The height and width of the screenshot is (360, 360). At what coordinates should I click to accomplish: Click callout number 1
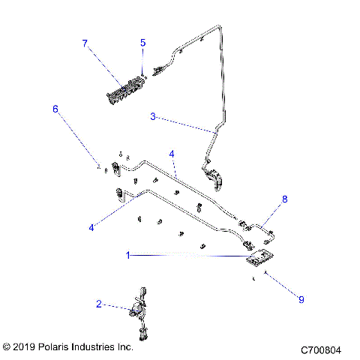coord(128,255)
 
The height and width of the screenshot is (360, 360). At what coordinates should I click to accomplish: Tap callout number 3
coord(153,116)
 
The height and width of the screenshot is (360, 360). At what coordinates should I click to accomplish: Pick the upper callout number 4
coord(172,154)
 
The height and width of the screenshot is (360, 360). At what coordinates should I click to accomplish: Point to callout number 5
coord(142,43)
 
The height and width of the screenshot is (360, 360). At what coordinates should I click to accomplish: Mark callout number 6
coord(55,109)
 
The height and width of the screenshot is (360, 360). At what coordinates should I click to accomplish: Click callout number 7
coord(85,43)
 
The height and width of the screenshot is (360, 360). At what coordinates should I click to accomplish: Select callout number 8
coord(284,199)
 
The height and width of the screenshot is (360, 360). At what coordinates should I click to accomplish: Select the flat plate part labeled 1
coord(259,259)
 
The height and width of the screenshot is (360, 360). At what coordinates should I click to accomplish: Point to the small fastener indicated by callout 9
coord(256,278)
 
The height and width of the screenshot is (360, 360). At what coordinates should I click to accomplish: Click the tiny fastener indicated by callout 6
coord(97,167)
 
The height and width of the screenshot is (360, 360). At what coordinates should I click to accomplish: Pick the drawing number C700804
coord(321,349)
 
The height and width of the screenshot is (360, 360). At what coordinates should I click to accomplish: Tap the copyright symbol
coord(7,347)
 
